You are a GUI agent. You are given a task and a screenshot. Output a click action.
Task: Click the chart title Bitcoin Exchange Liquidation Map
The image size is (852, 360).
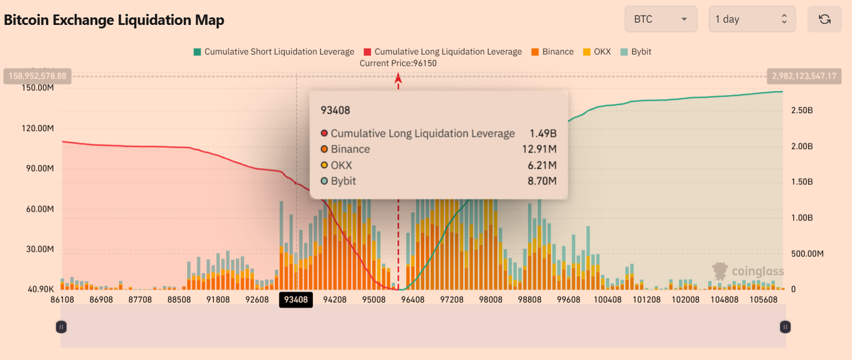pos(114,20)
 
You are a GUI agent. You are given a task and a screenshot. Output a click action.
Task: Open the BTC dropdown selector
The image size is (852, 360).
pos(660,19)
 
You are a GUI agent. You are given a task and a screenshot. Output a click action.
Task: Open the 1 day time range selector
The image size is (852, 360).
pos(752,19)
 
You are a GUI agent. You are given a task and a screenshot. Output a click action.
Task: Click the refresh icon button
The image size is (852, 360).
pos(824,19)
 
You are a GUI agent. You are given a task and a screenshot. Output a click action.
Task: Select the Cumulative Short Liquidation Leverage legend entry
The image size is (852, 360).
pos(274,52)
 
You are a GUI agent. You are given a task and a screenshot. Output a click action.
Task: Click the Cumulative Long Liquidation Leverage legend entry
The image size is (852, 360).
pos(443,52)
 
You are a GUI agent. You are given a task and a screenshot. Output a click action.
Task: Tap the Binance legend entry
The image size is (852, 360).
pos(552,52)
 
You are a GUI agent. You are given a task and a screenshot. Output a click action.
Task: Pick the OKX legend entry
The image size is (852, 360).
pos(597,52)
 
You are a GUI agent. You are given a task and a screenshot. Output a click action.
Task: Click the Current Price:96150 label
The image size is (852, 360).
pos(398,63)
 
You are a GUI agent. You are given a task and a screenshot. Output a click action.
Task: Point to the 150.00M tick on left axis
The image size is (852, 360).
pos(38,88)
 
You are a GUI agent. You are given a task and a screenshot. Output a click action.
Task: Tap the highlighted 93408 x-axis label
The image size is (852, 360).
pos(296,300)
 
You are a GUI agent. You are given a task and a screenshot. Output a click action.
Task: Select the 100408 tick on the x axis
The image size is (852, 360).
pos(608,300)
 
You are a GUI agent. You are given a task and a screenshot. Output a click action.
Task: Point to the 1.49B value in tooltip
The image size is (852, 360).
pos(542,133)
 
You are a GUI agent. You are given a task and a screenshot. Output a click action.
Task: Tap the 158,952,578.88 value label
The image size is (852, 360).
pos(38,76)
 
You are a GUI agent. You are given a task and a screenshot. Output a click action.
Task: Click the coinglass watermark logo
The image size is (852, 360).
pos(748,271)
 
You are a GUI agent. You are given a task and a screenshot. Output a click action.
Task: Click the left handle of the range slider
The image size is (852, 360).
pos(61,327)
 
